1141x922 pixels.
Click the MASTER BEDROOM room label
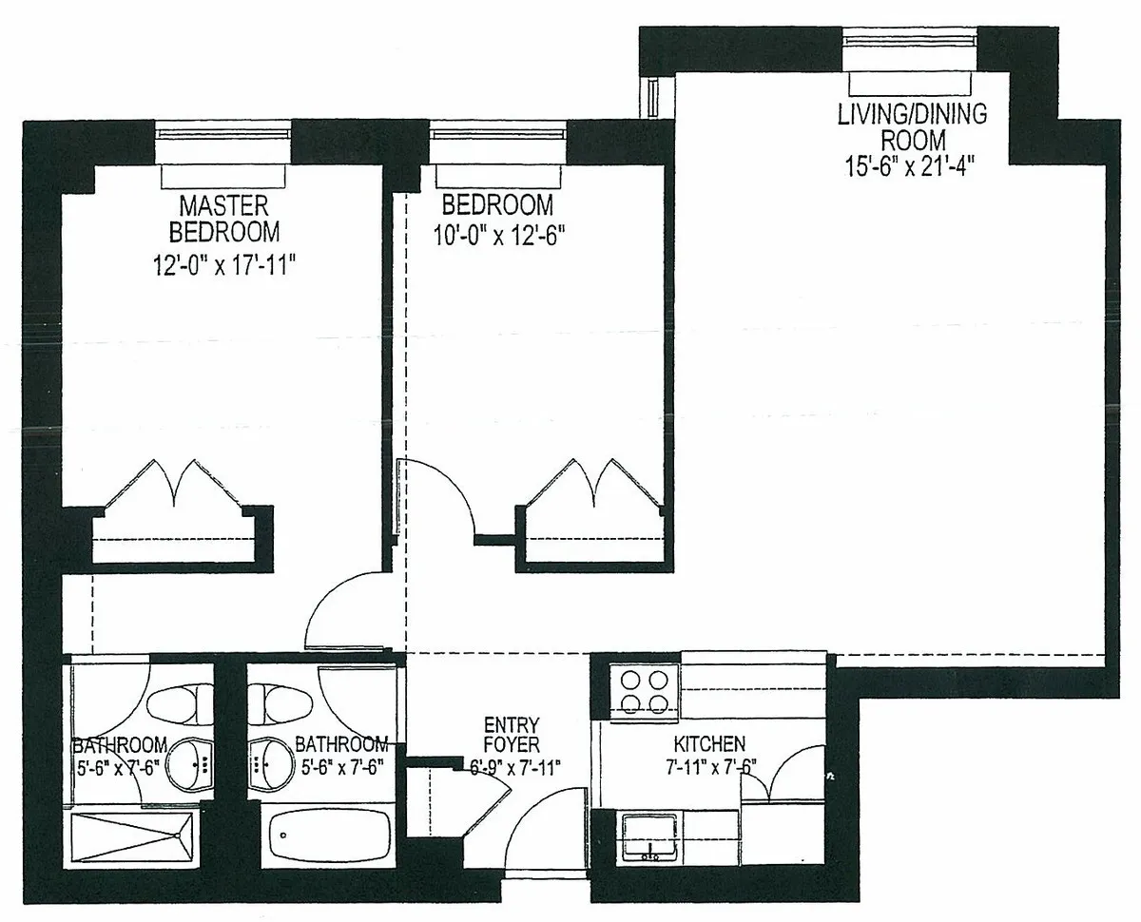click(x=224, y=219)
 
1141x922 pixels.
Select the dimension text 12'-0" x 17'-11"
click(x=224, y=263)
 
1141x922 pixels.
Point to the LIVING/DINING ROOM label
click(x=911, y=127)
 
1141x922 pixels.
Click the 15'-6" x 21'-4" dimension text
click(x=911, y=164)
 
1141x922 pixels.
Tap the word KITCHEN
click(x=709, y=743)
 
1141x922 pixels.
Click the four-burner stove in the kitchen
click(x=643, y=691)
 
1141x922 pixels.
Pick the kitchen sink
click(x=651, y=836)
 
